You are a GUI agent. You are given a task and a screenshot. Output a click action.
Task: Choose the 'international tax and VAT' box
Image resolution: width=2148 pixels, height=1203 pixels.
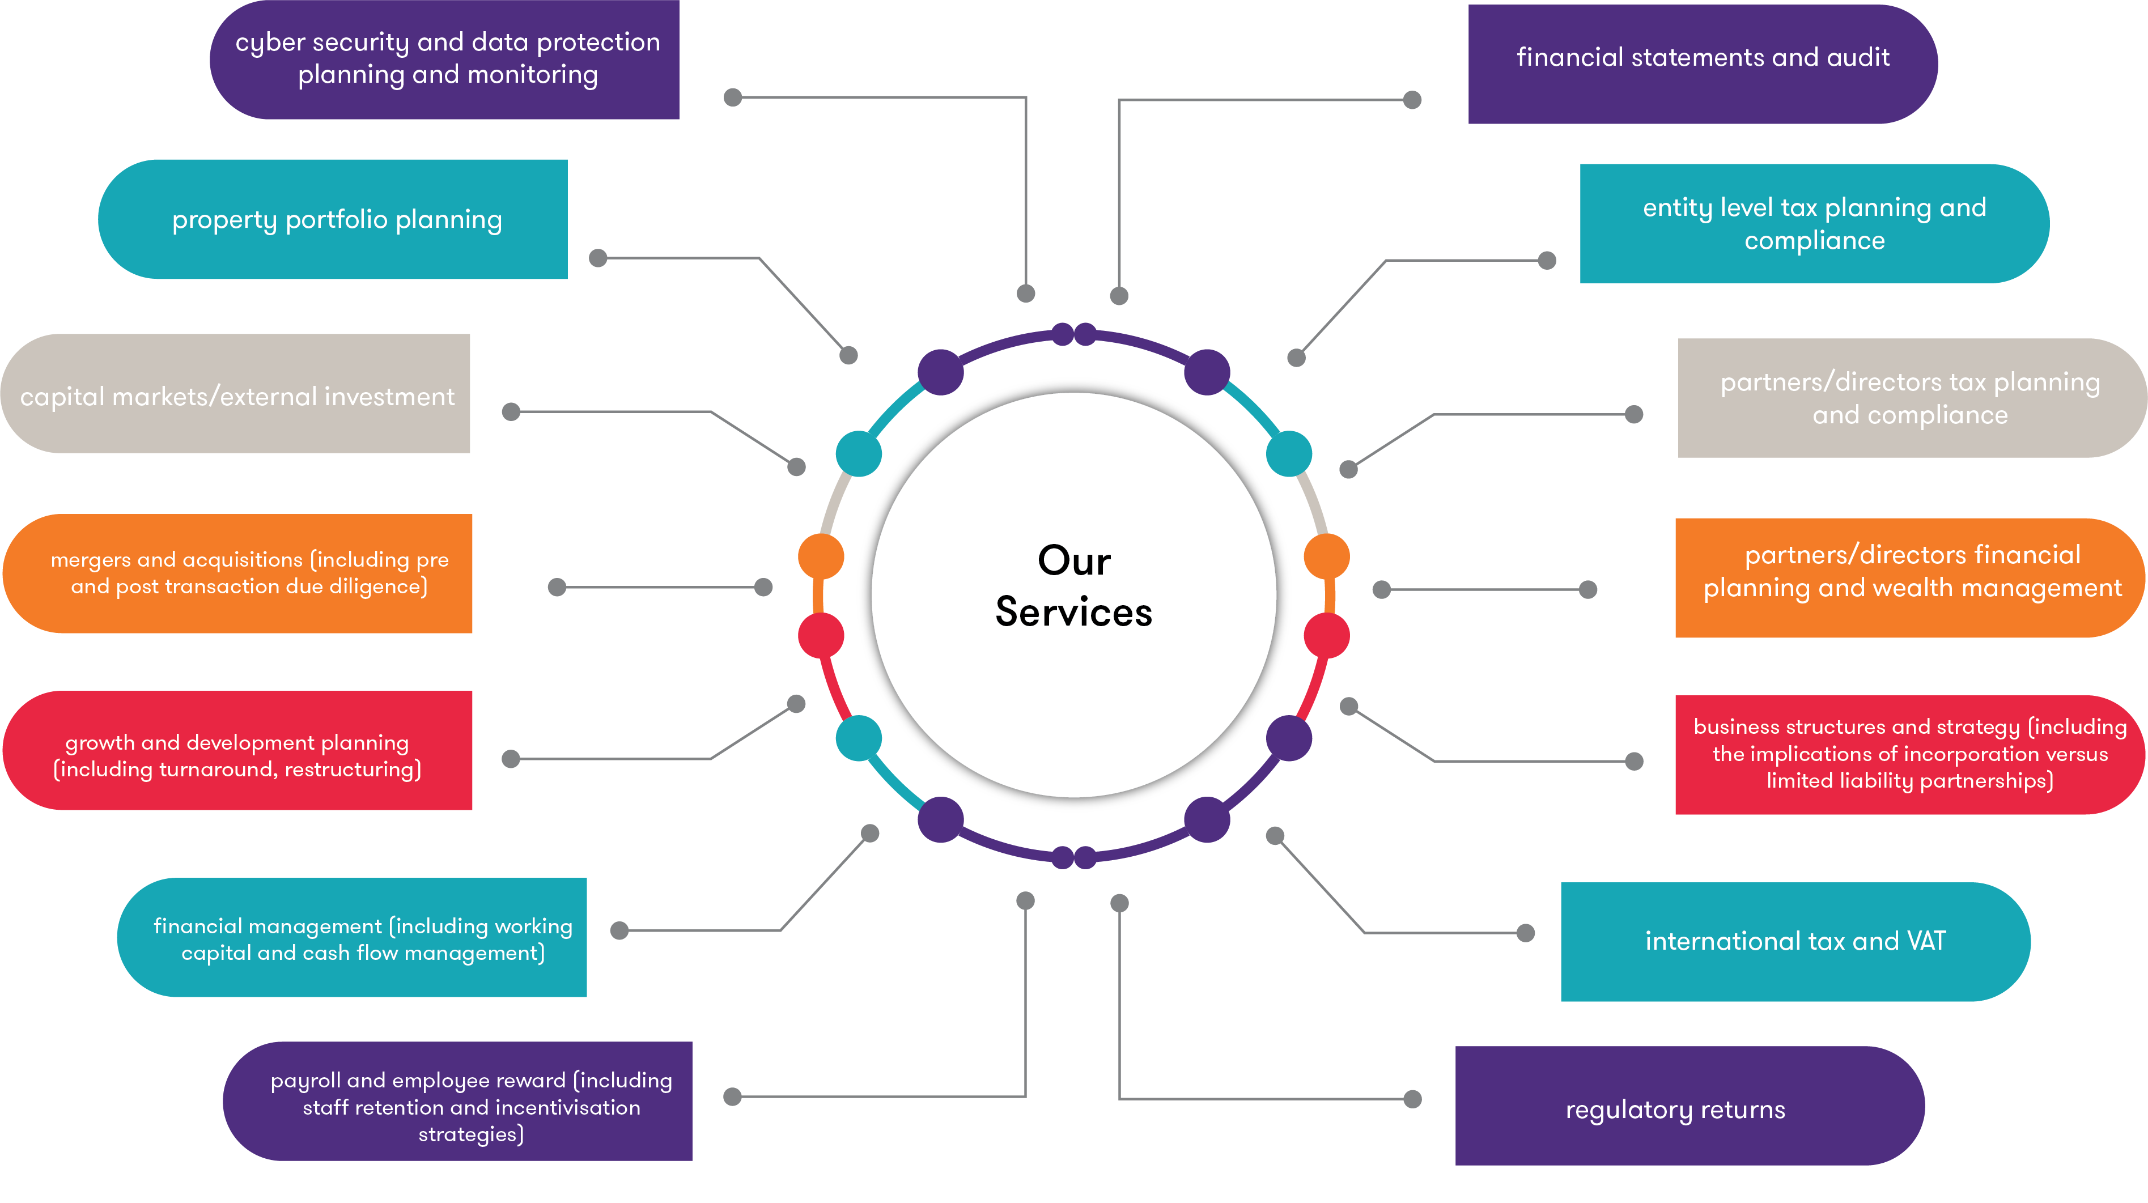[1795, 941]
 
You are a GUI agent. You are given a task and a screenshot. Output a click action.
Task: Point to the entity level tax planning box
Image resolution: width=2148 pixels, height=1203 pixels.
[1814, 223]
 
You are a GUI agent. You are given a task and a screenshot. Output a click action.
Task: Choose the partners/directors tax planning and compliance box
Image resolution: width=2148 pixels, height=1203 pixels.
[1911, 398]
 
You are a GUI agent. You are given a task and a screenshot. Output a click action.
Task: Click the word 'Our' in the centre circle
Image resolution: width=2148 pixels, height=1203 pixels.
[1074, 560]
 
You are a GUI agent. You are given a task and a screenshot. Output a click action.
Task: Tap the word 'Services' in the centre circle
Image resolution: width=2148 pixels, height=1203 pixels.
[1074, 613]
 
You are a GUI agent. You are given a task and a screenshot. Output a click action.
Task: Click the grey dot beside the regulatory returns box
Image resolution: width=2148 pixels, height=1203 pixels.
[1412, 1099]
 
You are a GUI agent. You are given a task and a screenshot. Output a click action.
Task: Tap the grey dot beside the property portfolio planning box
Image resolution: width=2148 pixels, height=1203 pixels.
[598, 258]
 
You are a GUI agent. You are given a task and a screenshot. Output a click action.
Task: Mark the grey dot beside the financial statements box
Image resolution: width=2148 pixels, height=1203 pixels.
[1412, 100]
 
